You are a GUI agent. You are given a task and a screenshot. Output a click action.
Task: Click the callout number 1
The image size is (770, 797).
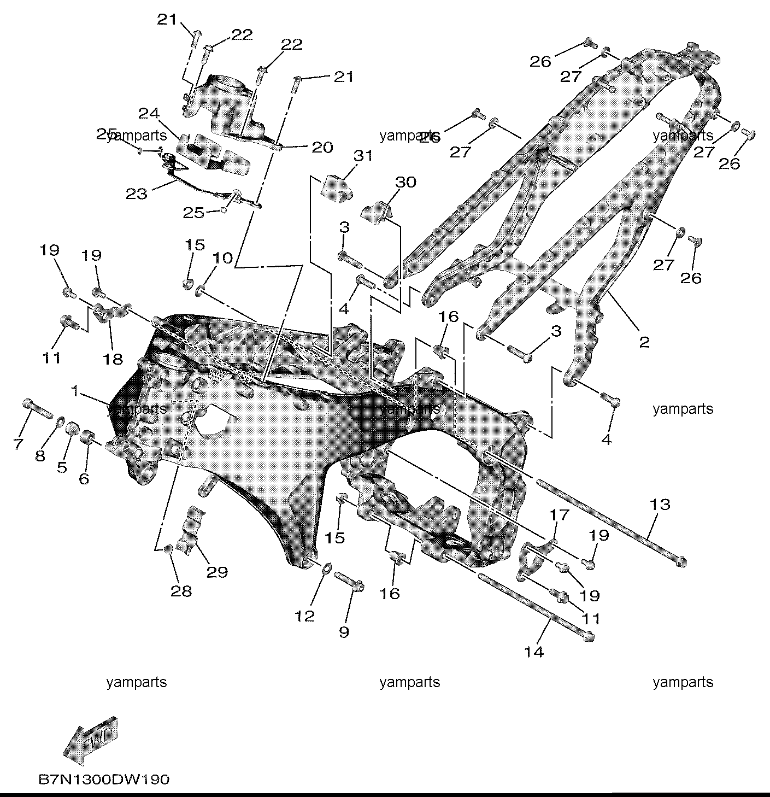pyautogui.click(x=74, y=391)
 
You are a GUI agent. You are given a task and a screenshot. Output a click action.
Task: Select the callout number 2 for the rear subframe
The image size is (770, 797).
pyautogui.click(x=644, y=342)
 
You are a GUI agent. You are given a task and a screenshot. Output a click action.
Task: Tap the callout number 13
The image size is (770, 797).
pyautogui.click(x=660, y=504)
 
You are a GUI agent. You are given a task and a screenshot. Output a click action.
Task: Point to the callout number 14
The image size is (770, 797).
pyautogui.click(x=534, y=652)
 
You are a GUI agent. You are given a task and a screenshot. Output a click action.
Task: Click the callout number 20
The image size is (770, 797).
pyautogui.click(x=322, y=147)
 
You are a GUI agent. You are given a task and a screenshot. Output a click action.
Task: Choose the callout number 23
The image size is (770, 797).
pyautogui.click(x=136, y=194)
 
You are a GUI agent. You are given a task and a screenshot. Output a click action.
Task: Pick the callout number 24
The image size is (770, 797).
pyautogui.click(x=149, y=113)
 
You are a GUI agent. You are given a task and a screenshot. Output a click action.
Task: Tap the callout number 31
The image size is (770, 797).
pyautogui.click(x=363, y=156)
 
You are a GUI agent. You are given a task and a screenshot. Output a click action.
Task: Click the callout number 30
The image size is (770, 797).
pyautogui.click(x=405, y=182)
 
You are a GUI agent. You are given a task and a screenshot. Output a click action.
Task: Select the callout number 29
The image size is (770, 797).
pyautogui.click(x=217, y=572)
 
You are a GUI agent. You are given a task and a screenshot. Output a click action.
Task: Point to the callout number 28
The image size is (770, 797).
pyautogui.click(x=181, y=591)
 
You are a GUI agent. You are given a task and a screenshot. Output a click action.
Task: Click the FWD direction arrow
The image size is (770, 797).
pyautogui.click(x=90, y=741)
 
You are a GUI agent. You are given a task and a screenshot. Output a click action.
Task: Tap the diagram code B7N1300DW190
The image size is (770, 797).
pyautogui.click(x=104, y=779)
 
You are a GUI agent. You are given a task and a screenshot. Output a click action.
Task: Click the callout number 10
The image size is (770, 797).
pyautogui.click(x=222, y=258)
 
